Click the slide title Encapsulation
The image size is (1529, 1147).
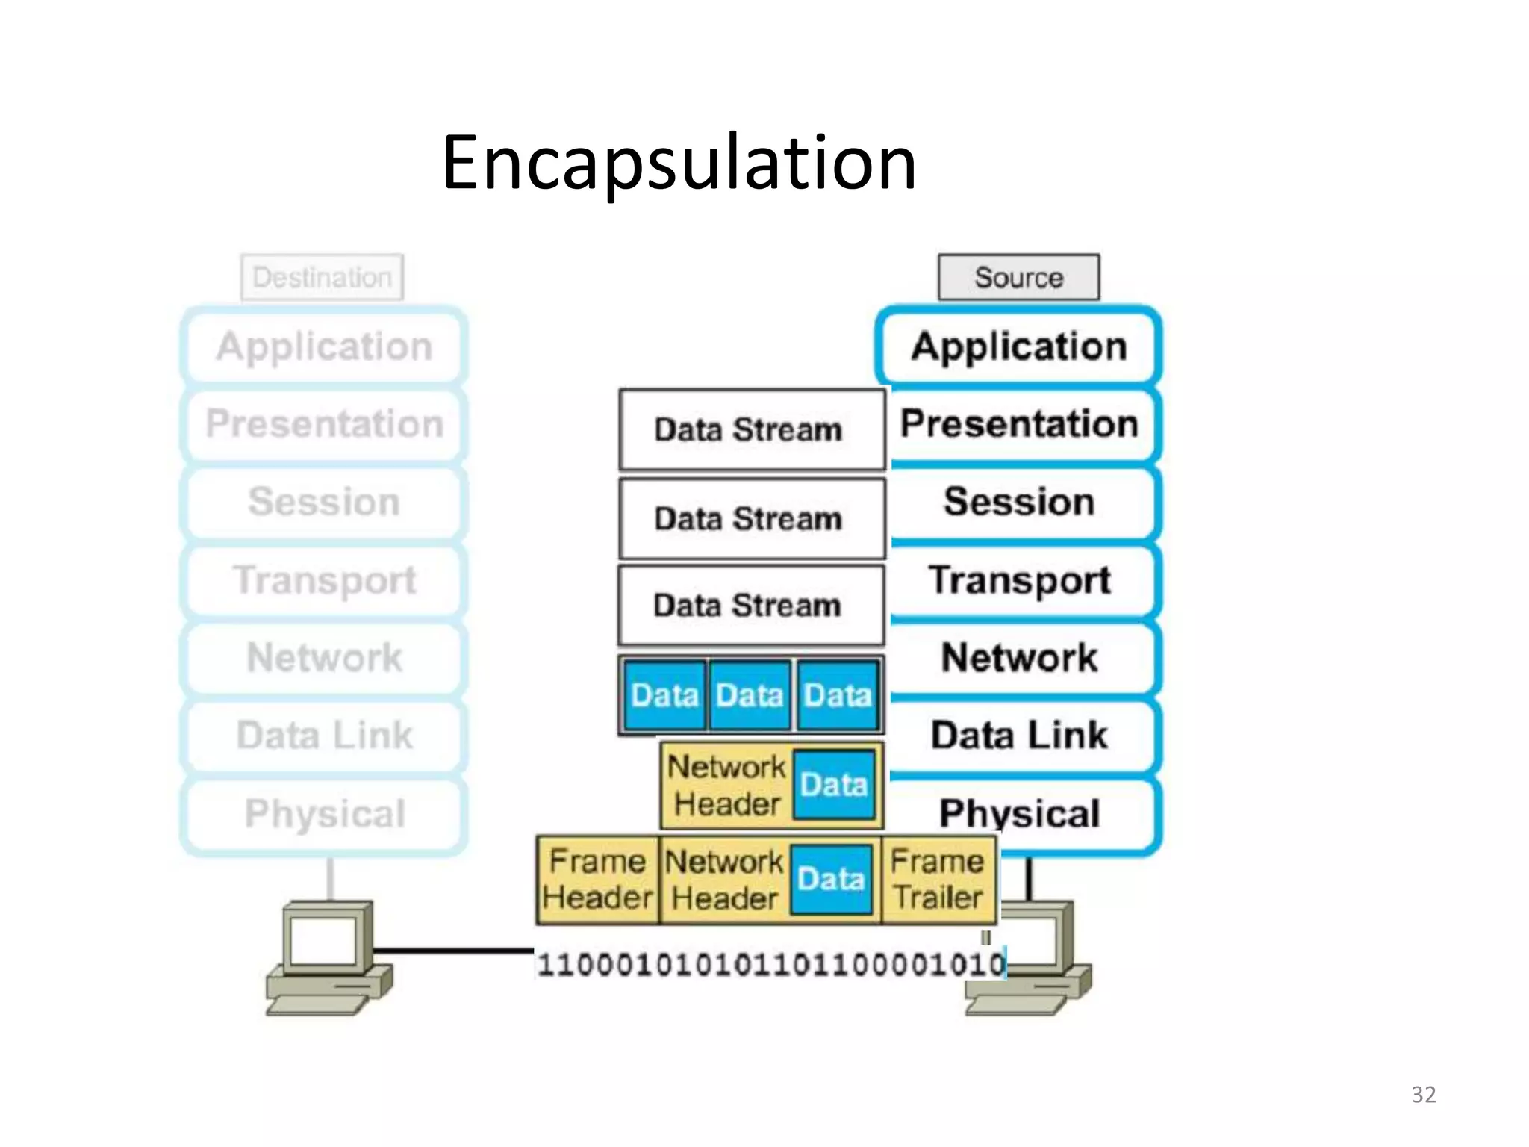(678, 163)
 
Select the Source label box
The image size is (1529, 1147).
(1018, 277)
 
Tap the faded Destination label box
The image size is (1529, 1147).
(322, 277)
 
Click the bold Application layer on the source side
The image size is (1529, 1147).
(1018, 346)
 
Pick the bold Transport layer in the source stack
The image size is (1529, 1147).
(1018, 580)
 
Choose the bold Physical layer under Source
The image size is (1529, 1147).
(1018, 812)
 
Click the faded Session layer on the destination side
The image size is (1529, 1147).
(324, 502)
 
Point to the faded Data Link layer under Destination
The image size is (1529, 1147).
(324, 736)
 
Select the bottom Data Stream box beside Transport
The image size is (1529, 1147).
(750, 605)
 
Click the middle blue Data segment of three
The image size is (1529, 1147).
(749, 695)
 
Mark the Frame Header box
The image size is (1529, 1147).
(597, 880)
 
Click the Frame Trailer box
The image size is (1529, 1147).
(938, 880)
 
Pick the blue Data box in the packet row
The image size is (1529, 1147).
(833, 785)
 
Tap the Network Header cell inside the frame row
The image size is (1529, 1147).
(724, 880)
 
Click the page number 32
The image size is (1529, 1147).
(1423, 1094)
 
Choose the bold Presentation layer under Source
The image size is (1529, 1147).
(1018, 424)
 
